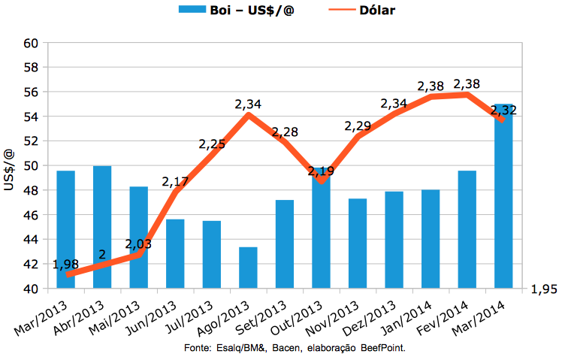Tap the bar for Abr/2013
tap(102, 227)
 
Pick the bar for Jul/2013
tap(212, 255)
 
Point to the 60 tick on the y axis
tap(31, 43)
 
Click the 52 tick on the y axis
tap(31, 141)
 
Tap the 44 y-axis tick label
tap(31, 240)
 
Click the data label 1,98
tap(65, 265)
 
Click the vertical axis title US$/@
tap(10, 169)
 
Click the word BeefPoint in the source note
tap(382, 349)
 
